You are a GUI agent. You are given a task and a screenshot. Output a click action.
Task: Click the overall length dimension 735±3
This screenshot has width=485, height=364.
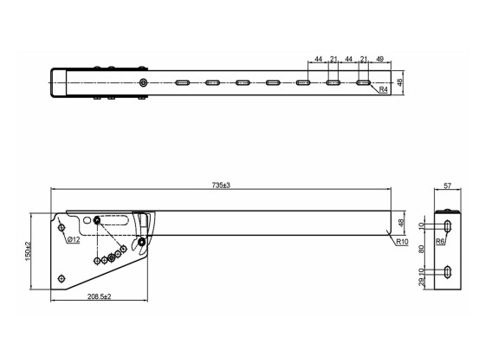[x=220, y=185]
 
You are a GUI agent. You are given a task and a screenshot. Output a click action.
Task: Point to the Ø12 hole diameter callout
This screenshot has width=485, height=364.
[x=74, y=238]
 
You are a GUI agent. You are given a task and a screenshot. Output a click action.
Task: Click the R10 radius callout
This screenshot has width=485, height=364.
[x=402, y=243]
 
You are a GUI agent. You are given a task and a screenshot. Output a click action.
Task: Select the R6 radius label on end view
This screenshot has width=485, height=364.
[x=440, y=242]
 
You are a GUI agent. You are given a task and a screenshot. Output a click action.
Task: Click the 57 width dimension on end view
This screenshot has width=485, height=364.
[x=447, y=185]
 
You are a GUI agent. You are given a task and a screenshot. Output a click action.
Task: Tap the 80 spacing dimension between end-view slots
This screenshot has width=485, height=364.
[x=422, y=249]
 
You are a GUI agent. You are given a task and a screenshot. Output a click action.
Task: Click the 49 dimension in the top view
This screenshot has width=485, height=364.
[x=380, y=58]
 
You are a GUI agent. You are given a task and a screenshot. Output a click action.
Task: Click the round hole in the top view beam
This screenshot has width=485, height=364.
[x=144, y=83]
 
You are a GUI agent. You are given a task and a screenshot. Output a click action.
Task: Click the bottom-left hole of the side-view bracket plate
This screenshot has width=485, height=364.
[x=61, y=276]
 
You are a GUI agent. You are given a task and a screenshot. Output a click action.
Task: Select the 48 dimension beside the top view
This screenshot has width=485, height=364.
[x=400, y=83]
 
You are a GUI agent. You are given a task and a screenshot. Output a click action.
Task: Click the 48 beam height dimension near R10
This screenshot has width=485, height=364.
[x=400, y=223]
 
